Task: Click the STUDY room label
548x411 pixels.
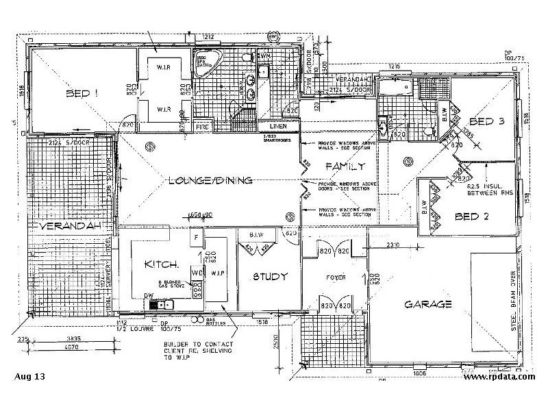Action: [x=269, y=277]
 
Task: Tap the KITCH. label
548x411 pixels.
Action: [x=162, y=264]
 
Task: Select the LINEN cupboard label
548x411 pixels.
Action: [x=277, y=127]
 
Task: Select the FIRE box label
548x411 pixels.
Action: [x=202, y=127]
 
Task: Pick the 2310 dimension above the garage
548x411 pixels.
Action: [x=392, y=245]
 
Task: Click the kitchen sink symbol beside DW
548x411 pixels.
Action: [x=164, y=306]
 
